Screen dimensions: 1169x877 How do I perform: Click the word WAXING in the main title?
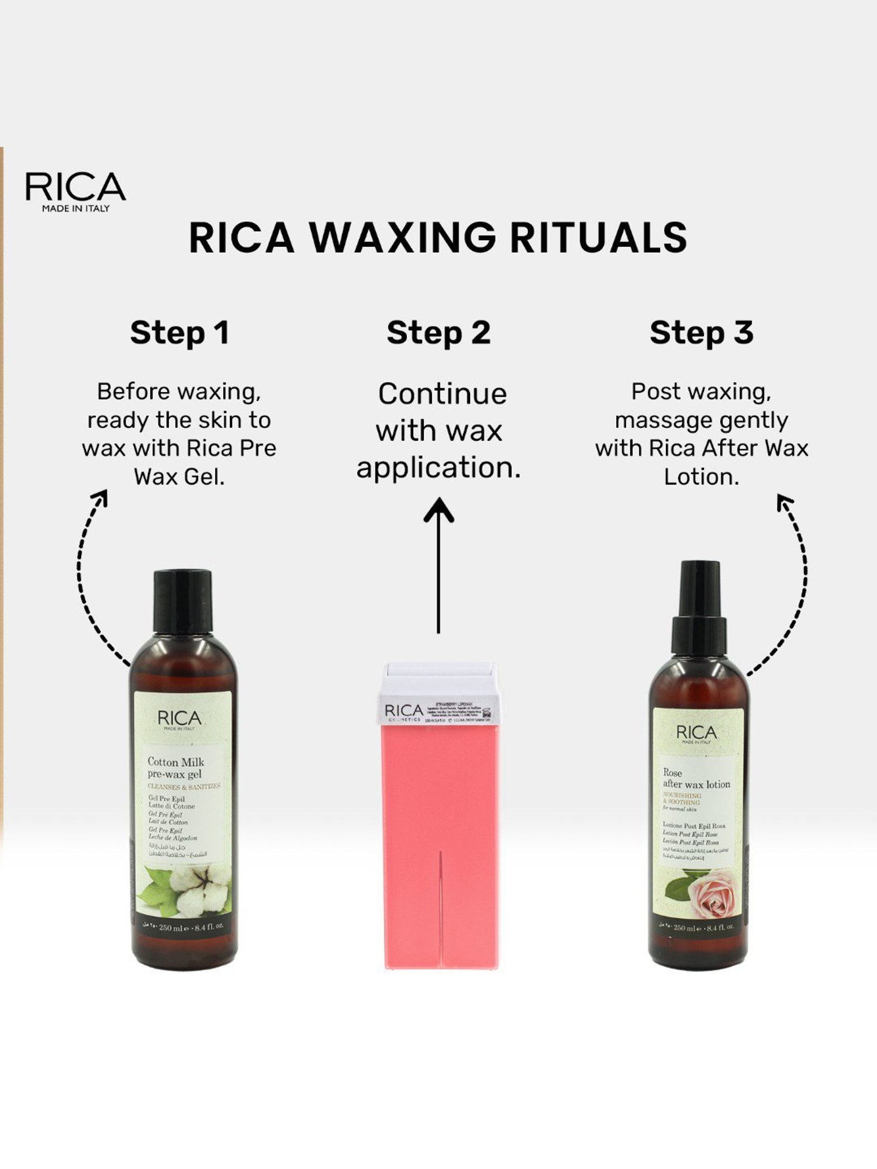tap(402, 238)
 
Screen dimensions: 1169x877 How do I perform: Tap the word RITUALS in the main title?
tap(598, 238)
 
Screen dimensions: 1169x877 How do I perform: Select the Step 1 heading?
tap(179, 333)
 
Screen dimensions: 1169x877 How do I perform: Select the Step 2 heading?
tap(438, 333)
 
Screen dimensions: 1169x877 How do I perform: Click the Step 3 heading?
tap(701, 333)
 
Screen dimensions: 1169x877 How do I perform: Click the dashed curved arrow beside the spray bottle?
tap(798, 579)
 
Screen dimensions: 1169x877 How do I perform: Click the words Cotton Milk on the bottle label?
tap(175, 762)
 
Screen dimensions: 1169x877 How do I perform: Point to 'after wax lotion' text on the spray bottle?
tap(696, 784)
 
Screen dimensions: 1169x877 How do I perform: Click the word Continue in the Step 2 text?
tap(442, 394)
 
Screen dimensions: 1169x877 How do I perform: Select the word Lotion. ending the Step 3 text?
tap(701, 477)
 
